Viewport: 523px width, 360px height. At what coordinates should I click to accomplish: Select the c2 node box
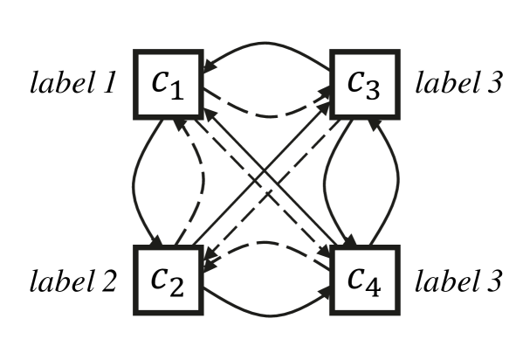[169, 280]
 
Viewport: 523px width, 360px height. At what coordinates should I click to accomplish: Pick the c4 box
[364, 280]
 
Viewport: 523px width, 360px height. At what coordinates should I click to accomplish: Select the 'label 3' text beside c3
[458, 85]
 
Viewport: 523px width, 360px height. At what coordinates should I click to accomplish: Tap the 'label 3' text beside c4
[458, 281]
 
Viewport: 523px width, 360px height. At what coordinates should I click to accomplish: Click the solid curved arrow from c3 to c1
[267, 43]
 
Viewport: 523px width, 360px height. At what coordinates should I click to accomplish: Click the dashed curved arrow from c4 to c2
[267, 243]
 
